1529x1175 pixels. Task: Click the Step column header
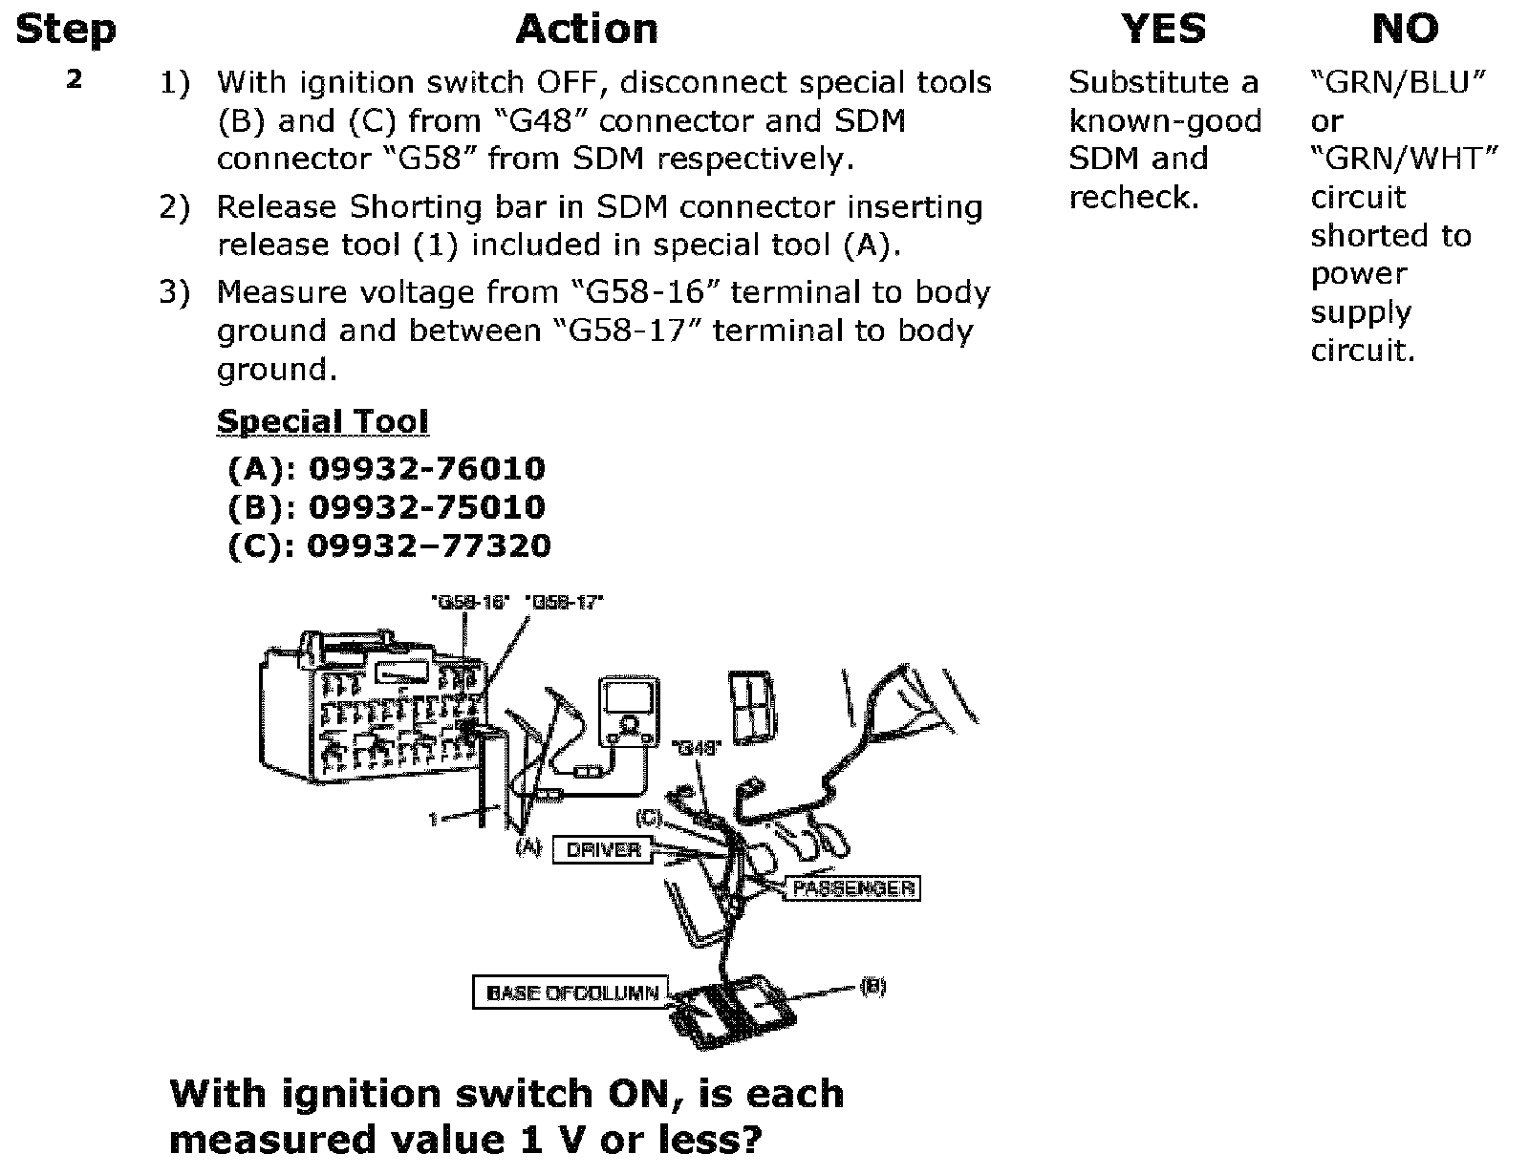pyautogui.click(x=65, y=29)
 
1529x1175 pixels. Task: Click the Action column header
pyautogui.click(x=587, y=29)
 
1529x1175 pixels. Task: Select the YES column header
pyautogui.click(x=1163, y=29)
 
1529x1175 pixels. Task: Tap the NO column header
pyautogui.click(x=1405, y=29)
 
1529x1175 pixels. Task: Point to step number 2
pyautogui.click(x=75, y=79)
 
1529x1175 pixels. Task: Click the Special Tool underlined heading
pyautogui.click(x=322, y=421)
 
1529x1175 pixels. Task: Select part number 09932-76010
pyautogui.click(x=427, y=468)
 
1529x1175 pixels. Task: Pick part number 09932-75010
pyautogui.click(x=427, y=506)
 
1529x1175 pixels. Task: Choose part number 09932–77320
pyautogui.click(x=429, y=545)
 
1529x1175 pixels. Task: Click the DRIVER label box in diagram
pyautogui.click(x=603, y=849)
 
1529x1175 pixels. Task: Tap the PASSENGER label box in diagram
pyautogui.click(x=852, y=888)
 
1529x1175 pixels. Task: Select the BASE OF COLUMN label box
pyautogui.click(x=571, y=993)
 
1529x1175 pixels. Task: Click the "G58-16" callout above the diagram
pyautogui.click(x=470, y=603)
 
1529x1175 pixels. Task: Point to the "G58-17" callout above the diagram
pyautogui.click(x=564, y=603)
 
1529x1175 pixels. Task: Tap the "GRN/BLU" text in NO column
pyautogui.click(x=1398, y=83)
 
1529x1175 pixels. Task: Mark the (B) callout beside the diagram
pyautogui.click(x=872, y=987)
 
